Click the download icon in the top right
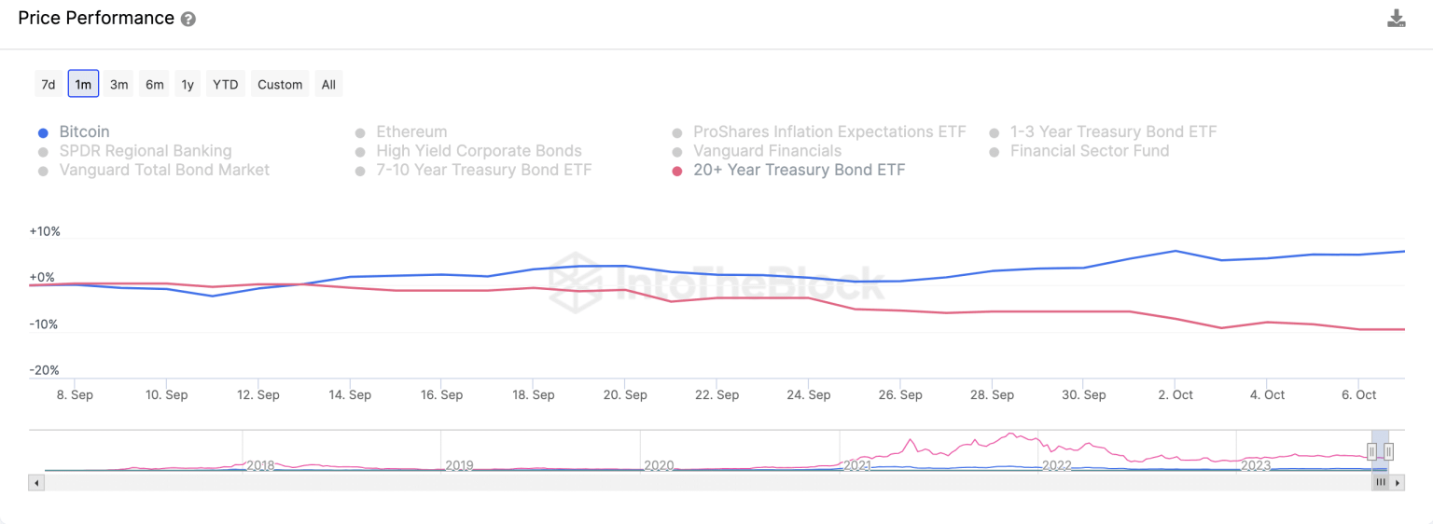coord(1396,19)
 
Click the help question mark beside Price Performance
coord(188,20)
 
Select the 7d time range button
coord(48,84)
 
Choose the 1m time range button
coord(83,84)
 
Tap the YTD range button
coord(225,84)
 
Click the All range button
coord(328,84)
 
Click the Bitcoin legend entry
coord(84,132)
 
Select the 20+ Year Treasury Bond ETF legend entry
coord(799,170)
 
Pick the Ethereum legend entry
coord(411,132)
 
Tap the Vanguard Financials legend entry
coord(767,151)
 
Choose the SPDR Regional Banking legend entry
coord(145,151)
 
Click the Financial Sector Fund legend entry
coord(1089,151)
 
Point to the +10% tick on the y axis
coord(45,231)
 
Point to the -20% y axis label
coord(45,370)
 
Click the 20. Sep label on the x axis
coord(625,394)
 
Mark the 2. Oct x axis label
coord(1176,394)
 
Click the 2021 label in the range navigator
coord(857,465)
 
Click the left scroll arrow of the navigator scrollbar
coord(36,483)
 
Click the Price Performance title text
coord(96,19)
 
